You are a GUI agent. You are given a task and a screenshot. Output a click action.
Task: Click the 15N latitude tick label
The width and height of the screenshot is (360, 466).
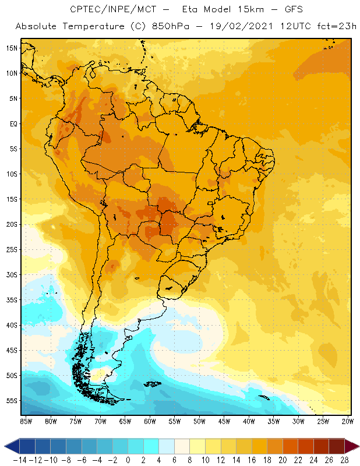(12, 48)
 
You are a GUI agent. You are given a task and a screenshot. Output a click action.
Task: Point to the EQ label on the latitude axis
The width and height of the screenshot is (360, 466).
(12, 123)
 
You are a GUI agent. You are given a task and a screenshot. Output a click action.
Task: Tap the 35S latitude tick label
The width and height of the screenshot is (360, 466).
(12, 300)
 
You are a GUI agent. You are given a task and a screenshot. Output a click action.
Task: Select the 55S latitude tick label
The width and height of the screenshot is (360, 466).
(12, 401)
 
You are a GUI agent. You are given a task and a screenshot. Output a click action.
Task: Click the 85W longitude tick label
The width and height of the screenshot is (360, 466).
(26, 421)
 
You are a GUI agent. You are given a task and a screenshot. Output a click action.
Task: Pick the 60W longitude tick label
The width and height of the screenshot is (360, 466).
(150, 421)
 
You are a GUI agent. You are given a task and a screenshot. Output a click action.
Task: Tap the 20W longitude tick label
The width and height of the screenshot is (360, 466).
(347, 421)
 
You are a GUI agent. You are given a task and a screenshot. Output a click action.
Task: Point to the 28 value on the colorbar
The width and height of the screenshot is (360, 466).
(344, 460)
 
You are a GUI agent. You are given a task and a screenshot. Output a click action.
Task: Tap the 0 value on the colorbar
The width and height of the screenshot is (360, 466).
(128, 460)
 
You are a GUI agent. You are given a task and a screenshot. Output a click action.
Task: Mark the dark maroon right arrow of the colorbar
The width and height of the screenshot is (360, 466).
(351, 446)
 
